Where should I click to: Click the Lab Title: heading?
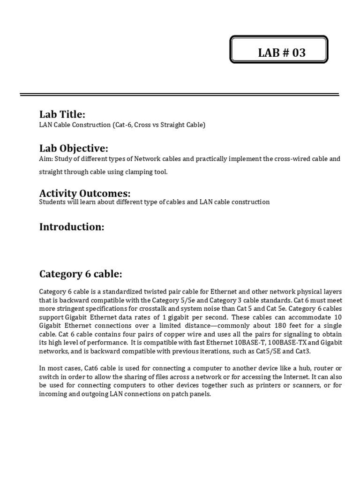click(62, 114)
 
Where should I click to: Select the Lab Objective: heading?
click(74, 148)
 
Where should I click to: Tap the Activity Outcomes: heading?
click(84, 193)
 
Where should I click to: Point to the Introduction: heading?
click(71, 227)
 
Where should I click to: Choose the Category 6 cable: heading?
click(81, 274)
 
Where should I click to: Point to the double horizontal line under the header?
click(180, 95)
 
